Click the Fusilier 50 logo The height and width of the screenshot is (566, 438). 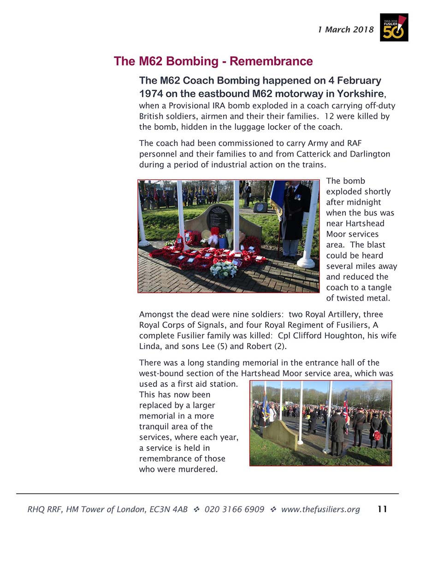(394, 28)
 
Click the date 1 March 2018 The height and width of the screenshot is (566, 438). (345, 30)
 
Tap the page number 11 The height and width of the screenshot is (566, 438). (382, 509)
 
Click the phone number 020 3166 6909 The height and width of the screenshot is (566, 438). (234, 509)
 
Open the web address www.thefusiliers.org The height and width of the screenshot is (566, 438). (320, 509)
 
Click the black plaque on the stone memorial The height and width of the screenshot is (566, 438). (219, 216)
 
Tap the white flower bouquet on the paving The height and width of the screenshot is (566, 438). (224, 269)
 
